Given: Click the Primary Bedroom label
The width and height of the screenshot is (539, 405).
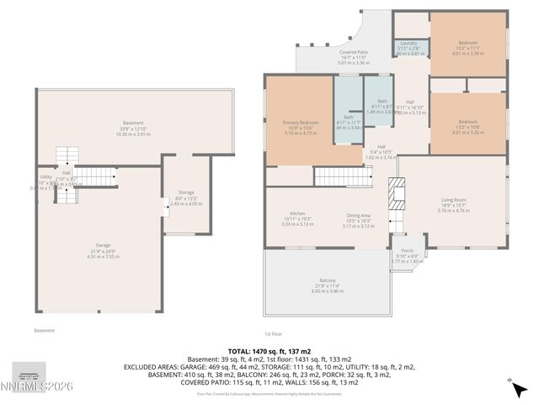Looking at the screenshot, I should pos(301,123).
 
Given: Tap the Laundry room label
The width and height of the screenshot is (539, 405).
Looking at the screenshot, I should pos(409,43).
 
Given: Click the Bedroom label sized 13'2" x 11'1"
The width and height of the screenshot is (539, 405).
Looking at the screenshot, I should pos(467,43).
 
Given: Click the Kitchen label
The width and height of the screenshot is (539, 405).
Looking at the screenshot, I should pos(297,213).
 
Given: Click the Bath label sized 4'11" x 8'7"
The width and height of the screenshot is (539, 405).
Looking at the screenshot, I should pos(382,101).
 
